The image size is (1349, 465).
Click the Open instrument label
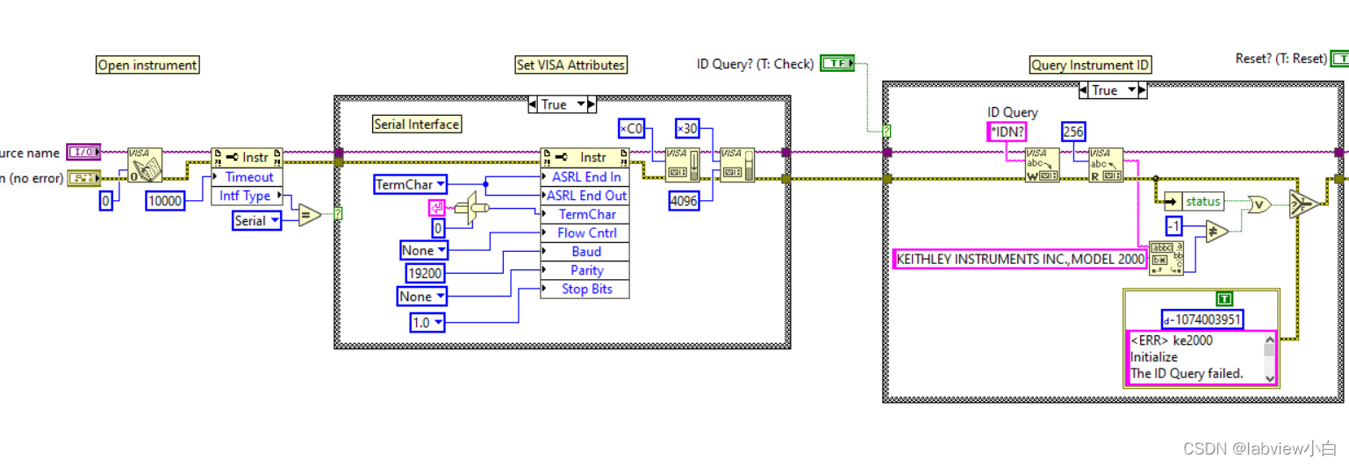coord(147,65)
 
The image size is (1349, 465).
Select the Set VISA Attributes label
coord(570,65)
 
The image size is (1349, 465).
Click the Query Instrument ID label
coord(1090,65)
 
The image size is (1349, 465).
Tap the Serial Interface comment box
coord(417,125)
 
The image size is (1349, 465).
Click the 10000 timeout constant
coord(165,201)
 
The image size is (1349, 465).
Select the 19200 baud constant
coord(426,274)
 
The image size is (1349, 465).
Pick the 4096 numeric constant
coord(684,201)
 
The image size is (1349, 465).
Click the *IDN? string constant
coord(1006,132)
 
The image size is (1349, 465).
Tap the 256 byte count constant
coord(1073,132)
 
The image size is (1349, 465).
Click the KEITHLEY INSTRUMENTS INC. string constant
coord(1020,259)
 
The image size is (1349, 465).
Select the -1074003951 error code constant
coord(1202,319)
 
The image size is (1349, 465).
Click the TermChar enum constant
coord(410,184)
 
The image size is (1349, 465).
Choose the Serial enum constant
coord(256,221)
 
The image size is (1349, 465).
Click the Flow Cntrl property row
coord(586,232)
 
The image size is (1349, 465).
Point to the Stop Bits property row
coord(586,289)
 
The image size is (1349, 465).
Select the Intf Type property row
coord(247,196)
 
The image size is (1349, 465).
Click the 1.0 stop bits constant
coord(427,323)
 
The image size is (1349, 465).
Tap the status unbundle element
coord(1202,202)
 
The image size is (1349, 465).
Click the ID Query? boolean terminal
coord(836,63)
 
